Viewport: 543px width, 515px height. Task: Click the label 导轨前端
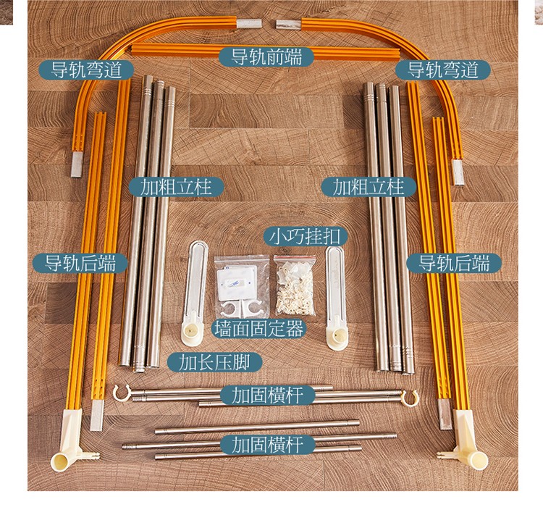coord(266,56)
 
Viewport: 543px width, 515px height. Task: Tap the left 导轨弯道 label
coord(86,70)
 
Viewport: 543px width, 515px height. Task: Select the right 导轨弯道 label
coord(443,70)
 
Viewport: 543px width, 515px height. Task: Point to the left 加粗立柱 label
coord(176,187)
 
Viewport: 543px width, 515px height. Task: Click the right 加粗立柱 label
coord(369,187)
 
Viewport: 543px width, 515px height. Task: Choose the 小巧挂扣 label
coord(305,237)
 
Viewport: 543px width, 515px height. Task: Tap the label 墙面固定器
coord(259,328)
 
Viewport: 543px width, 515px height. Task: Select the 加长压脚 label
coord(215,362)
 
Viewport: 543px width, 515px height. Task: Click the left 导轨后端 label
coord(80,263)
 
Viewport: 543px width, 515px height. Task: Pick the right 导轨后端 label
coord(454,263)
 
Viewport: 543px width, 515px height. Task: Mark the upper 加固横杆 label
coord(268,395)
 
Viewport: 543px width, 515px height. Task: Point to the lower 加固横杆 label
coord(268,445)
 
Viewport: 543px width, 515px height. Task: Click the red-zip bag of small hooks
coord(295,285)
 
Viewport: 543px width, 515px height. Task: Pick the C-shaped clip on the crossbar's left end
coord(122,393)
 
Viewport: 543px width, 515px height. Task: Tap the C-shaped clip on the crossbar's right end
coord(410,398)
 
